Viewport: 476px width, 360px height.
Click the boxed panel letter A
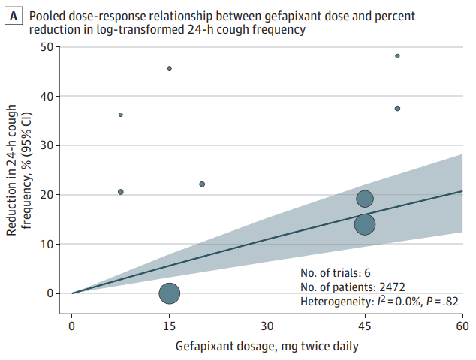(13, 16)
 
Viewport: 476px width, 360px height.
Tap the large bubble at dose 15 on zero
(170, 293)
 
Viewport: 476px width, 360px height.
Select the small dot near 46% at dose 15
(170, 68)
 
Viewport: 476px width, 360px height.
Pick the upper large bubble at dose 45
(365, 199)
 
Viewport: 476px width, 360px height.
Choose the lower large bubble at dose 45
(365, 224)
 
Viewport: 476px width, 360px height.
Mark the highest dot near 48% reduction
(397, 56)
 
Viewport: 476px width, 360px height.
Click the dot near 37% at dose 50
(397, 108)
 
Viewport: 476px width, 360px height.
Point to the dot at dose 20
(202, 184)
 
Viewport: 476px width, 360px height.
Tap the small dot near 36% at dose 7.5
(121, 115)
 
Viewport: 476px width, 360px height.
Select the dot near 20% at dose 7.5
(121, 192)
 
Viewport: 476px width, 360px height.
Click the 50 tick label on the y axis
(47, 47)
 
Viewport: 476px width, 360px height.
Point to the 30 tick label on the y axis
(47, 145)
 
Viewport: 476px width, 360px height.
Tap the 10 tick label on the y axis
(47, 244)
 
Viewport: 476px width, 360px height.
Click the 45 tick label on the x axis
(365, 325)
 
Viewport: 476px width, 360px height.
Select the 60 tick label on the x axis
(462, 325)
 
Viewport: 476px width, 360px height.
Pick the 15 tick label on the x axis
(170, 325)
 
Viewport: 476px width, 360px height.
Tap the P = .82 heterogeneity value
(442, 301)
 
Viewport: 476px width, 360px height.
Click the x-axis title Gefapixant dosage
(224, 346)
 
